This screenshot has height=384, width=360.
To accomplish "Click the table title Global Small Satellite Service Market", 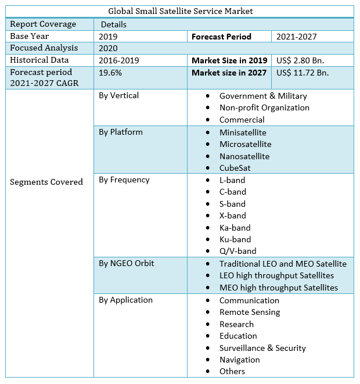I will point(181,12).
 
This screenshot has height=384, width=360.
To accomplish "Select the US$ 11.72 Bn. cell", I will point(303,73).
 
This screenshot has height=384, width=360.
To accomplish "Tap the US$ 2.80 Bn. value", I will point(300,60).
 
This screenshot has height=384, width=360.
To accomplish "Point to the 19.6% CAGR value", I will point(110,73).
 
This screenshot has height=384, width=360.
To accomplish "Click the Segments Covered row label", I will point(46,182).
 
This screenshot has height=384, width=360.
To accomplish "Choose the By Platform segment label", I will point(121,132).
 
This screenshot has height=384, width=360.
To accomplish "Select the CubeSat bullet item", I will point(235,168).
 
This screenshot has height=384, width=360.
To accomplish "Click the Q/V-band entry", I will point(237,251).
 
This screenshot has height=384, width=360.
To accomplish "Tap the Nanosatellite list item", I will point(244,156).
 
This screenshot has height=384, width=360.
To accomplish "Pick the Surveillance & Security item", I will point(262,348).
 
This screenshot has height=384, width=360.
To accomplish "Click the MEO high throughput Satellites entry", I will point(278,288).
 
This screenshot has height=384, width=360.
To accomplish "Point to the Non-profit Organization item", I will point(264,107).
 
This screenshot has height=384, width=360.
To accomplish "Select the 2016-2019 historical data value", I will point(119,60).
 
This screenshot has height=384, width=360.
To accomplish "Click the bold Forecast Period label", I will point(221,37).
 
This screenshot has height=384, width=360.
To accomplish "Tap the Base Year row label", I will point(30,36).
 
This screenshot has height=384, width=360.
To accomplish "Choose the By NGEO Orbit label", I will point(125,263).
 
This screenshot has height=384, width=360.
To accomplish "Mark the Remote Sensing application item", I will point(250,312).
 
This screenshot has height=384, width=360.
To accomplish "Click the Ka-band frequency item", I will point(235,228).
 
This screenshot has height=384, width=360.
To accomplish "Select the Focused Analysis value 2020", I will point(109,48).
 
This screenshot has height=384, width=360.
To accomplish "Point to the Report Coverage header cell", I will point(43,24).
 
